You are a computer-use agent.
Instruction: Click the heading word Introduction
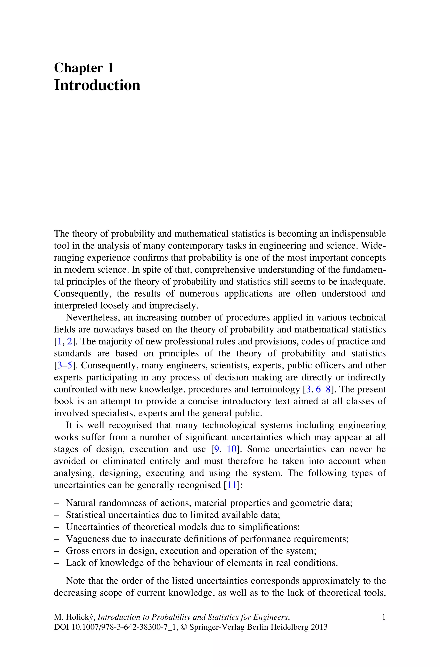pos(97,85)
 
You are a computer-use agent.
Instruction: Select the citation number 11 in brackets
pos(232,485)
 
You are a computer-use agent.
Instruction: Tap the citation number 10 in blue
pos(232,449)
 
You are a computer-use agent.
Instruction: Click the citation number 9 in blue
pos(216,449)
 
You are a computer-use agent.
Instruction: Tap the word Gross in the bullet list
pos(76,551)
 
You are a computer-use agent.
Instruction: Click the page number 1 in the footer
pos(383,617)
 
